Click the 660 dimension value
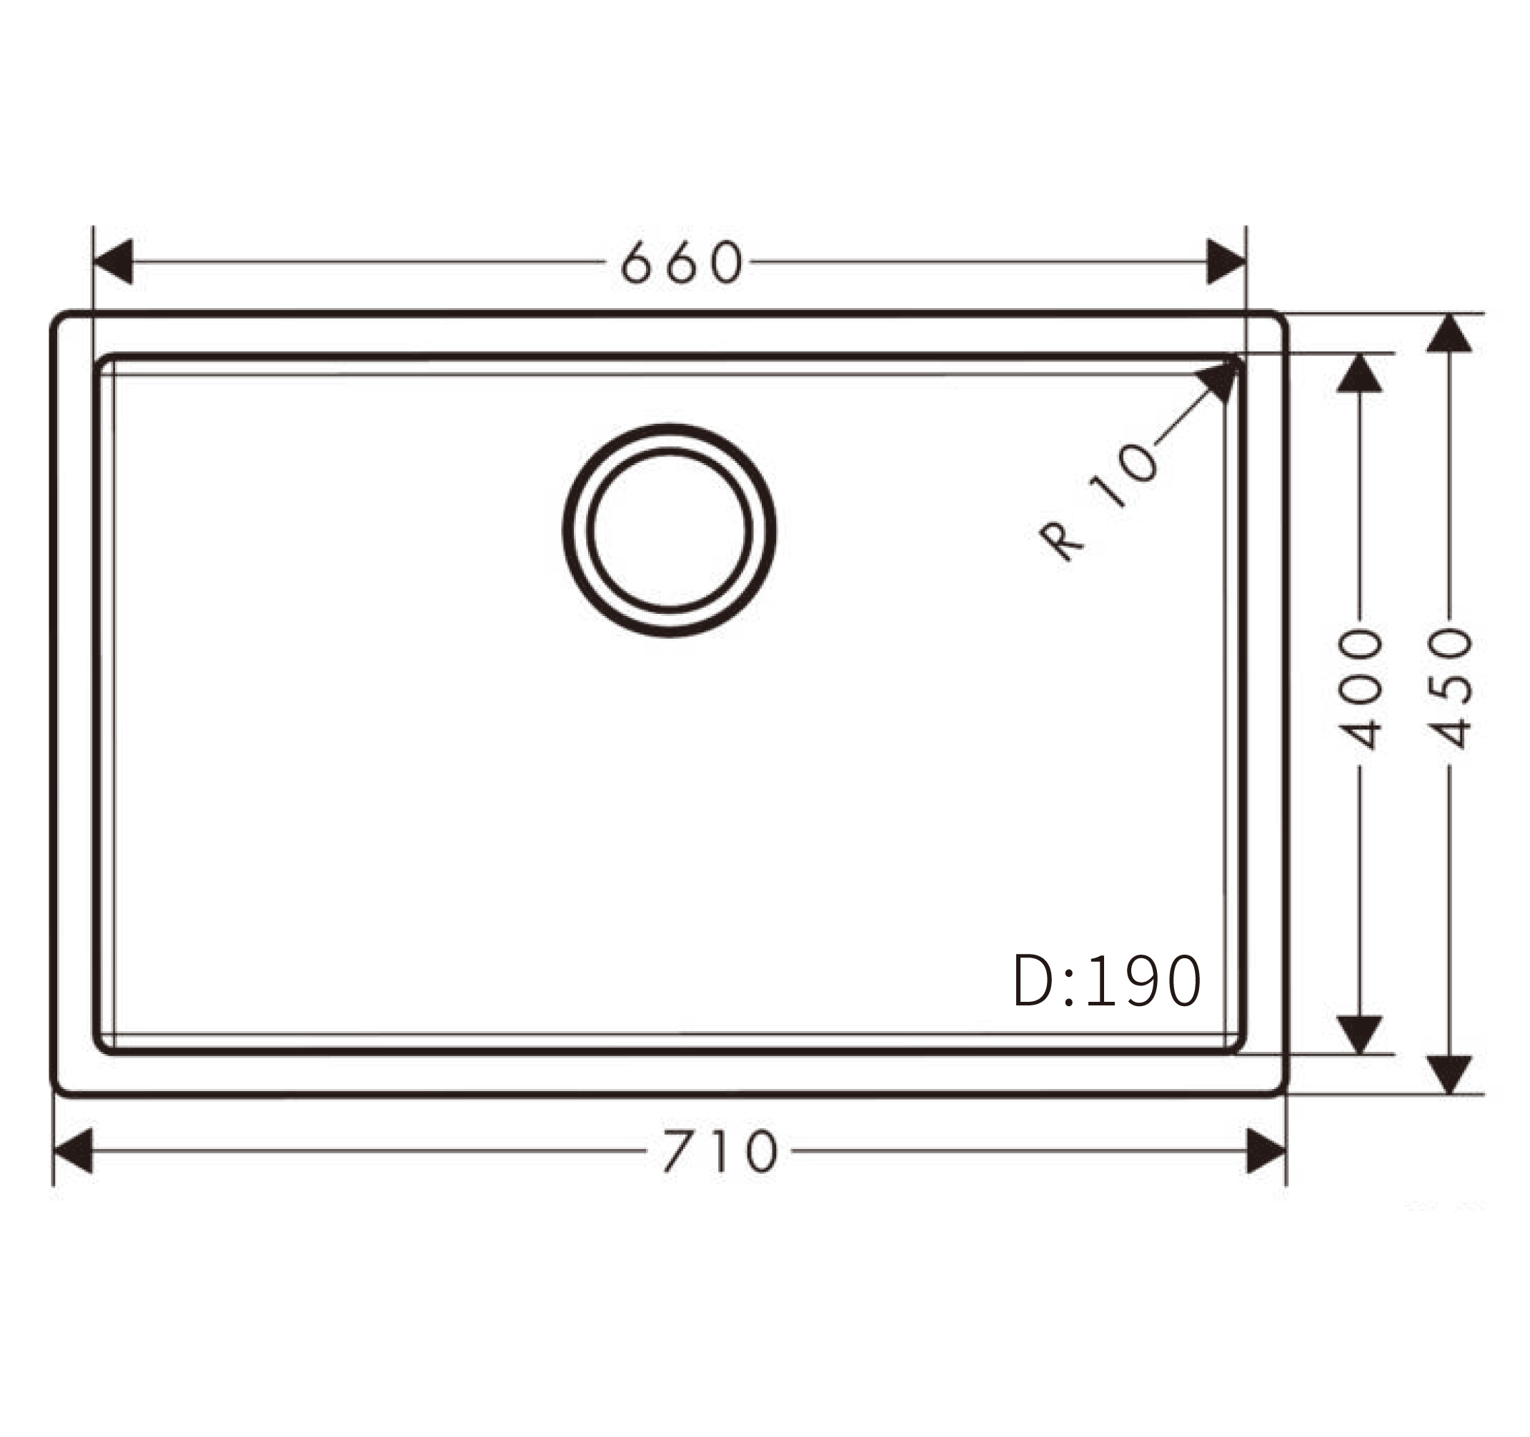tap(682, 262)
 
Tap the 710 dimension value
tap(721, 1150)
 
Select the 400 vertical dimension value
tap(1359, 690)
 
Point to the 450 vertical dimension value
tap(1450, 690)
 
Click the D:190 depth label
tap(1107, 980)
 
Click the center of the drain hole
tap(670, 530)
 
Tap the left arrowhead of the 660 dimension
tap(112, 262)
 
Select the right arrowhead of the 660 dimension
tap(1227, 262)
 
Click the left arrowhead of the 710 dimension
tap(72, 1150)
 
